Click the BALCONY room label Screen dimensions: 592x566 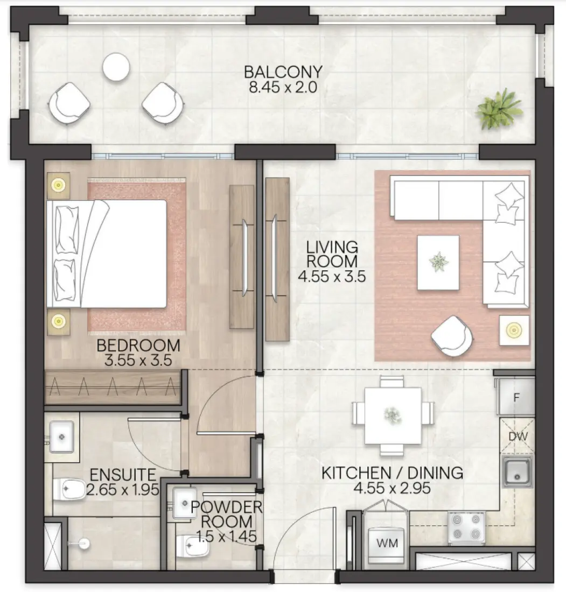click(283, 72)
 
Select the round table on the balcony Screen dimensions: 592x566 click(116, 67)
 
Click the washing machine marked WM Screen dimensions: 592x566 click(387, 544)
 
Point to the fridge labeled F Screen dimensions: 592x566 click(516, 399)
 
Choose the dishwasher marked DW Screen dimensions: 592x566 click(517, 436)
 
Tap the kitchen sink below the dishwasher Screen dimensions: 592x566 click(518, 470)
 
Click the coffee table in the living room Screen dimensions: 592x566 click(438, 262)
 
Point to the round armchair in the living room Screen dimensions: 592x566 click(452, 336)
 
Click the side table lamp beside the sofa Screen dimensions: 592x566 click(514, 329)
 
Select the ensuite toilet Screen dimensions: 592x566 click(69, 490)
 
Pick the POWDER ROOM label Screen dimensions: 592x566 click(227, 514)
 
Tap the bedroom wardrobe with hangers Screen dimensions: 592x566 click(113, 387)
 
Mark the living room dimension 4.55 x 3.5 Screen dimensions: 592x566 click(332, 277)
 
